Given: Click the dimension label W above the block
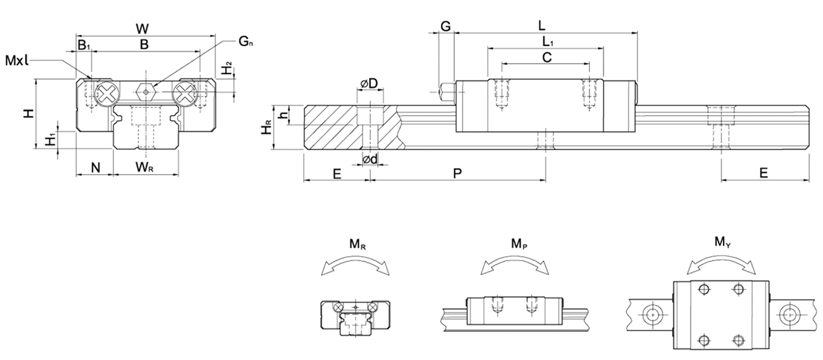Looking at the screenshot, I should click(x=143, y=29).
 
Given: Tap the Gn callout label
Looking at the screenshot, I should click(x=246, y=42).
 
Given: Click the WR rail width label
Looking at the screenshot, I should click(x=145, y=167).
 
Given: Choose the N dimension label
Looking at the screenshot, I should click(x=95, y=167).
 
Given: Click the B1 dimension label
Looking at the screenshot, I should click(x=83, y=45).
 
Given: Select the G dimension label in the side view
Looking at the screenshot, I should click(x=445, y=26).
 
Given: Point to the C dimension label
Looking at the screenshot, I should click(x=547, y=58).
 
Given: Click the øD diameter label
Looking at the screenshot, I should click(x=369, y=84).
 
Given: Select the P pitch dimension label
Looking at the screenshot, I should click(x=457, y=174).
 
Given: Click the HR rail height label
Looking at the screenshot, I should click(x=269, y=128).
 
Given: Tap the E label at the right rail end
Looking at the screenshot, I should click(x=763, y=174).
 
